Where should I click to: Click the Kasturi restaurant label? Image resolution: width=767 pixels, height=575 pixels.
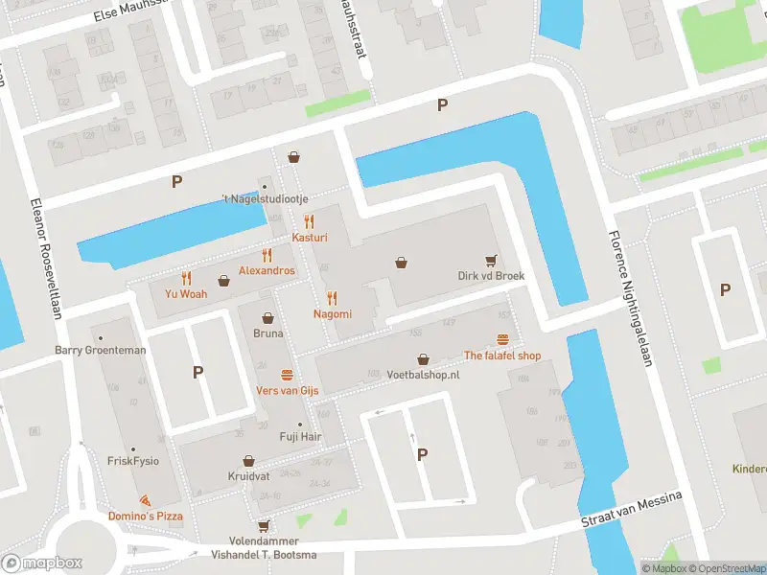click(310, 236)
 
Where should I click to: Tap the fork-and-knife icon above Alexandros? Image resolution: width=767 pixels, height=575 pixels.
click(267, 255)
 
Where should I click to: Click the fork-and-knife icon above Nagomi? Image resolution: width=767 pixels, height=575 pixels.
click(332, 298)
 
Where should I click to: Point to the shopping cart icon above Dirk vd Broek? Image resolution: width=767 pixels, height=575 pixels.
click(491, 259)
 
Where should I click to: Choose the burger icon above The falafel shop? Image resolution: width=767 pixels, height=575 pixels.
click(502, 339)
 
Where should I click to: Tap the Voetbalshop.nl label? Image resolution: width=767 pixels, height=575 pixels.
click(423, 375)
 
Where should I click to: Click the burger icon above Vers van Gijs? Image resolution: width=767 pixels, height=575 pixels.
click(287, 374)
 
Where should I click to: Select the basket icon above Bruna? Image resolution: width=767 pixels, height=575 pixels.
click(268, 317)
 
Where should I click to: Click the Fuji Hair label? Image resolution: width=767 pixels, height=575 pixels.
click(299, 436)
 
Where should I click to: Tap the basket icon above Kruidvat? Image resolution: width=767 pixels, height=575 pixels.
click(248, 461)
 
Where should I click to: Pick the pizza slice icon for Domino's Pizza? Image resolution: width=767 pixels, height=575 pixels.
click(144, 501)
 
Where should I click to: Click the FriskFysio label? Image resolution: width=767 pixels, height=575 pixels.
click(132, 460)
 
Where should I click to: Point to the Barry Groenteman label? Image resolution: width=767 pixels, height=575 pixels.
click(101, 350)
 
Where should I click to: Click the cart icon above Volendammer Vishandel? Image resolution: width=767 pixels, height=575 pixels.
click(263, 525)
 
